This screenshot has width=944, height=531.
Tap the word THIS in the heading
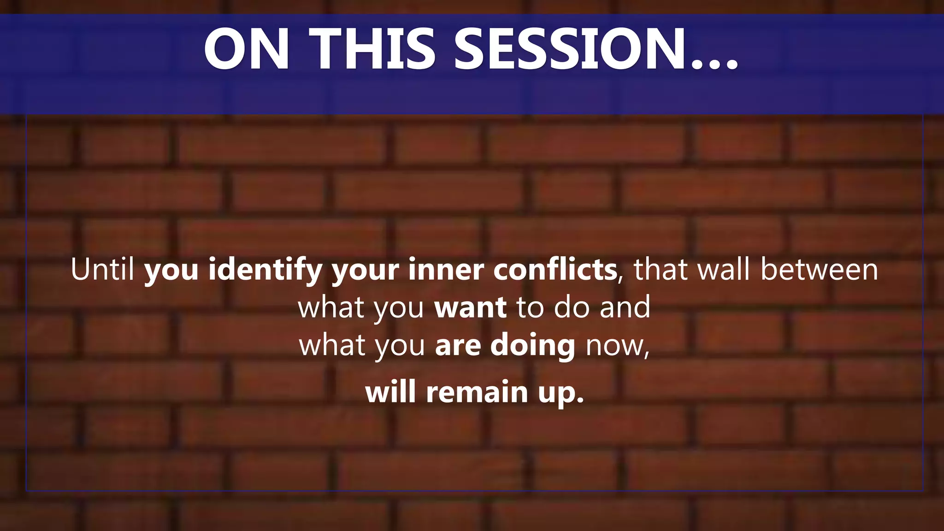tap(372, 49)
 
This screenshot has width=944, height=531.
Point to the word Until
tap(102, 269)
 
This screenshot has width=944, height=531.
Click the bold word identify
tap(265, 270)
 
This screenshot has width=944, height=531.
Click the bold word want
tap(470, 308)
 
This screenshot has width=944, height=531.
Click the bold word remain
tap(477, 392)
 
